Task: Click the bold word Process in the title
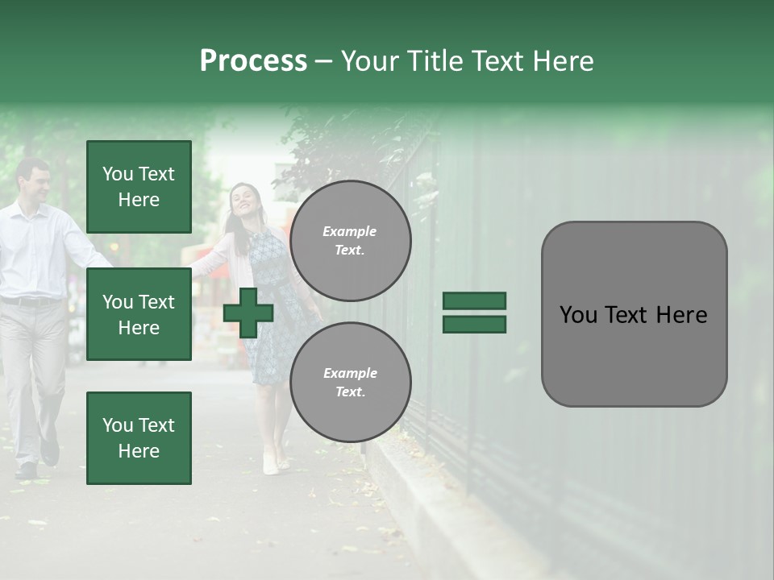(253, 61)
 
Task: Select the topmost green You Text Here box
(139, 187)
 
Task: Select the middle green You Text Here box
(139, 314)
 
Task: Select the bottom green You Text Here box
(139, 437)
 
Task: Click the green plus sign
(248, 313)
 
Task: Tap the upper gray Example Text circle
(350, 241)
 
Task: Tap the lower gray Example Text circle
(350, 383)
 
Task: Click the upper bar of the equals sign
(474, 301)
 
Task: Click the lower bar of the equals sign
(474, 324)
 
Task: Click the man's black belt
(32, 301)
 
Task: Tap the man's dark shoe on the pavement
(49, 452)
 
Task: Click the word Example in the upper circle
(350, 231)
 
